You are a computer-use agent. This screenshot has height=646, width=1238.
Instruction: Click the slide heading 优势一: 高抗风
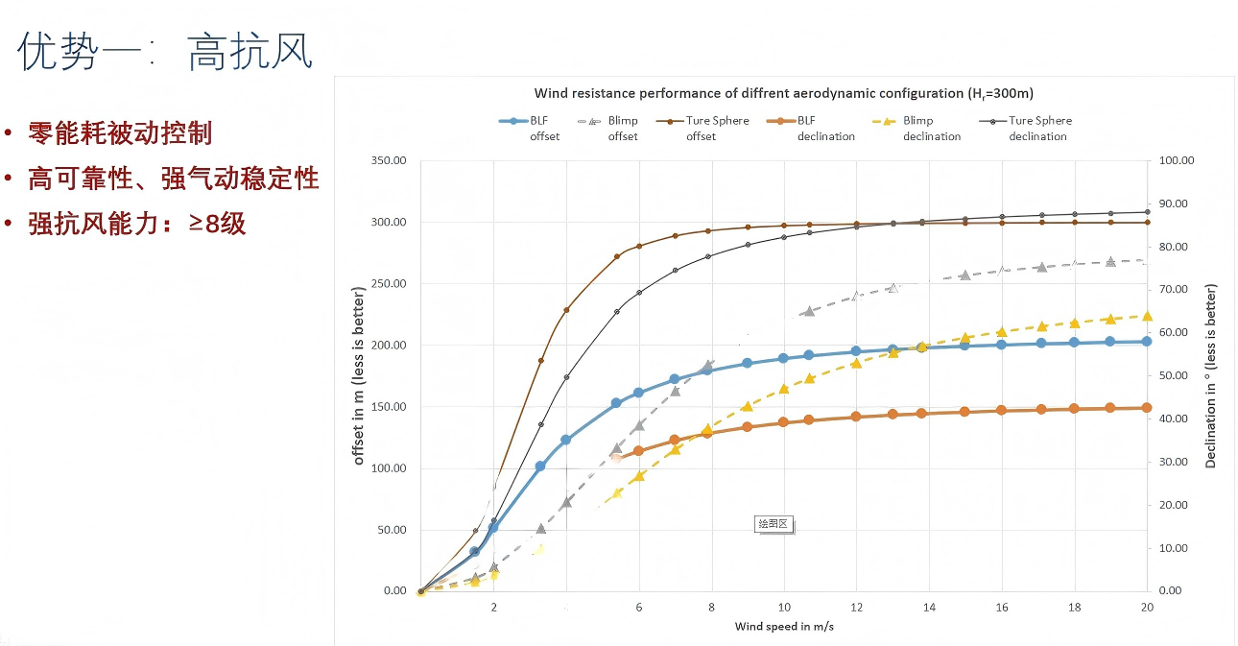click(x=166, y=52)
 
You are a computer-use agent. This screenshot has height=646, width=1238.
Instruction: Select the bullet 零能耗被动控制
click(x=119, y=133)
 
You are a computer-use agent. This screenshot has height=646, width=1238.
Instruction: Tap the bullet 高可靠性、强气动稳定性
click(x=173, y=179)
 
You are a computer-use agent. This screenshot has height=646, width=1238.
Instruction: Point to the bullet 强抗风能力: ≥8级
click(x=136, y=224)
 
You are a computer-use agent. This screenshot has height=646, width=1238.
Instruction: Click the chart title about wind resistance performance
click(x=783, y=93)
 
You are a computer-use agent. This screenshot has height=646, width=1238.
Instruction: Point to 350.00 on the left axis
click(x=389, y=160)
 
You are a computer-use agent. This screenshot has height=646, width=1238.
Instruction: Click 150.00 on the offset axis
click(x=389, y=407)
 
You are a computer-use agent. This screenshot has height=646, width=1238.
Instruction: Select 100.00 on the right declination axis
click(x=1175, y=160)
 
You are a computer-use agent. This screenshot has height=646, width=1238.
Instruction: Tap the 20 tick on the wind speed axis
click(x=1147, y=608)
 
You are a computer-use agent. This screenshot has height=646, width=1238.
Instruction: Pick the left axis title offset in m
click(x=359, y=374)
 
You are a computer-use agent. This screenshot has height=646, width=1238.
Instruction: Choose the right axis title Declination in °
click(x=1211, y=375)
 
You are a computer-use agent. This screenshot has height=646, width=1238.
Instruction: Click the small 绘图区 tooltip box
click(x=773, y=524)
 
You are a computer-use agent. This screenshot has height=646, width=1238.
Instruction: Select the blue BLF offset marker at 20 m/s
click(x=1147, y=341)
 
